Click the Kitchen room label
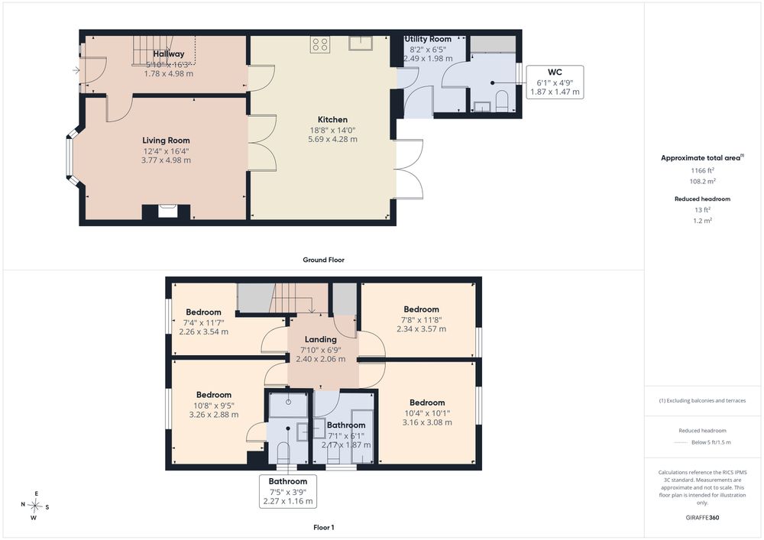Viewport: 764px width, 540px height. [333, 119]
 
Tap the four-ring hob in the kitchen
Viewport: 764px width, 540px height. [320, 44]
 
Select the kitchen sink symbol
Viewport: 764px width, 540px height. [361, 44]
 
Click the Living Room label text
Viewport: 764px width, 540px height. [166, 141]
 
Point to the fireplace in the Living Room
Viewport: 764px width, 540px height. [166, 212]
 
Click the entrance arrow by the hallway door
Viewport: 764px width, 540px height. [76, 70]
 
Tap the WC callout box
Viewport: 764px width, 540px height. [555, 82]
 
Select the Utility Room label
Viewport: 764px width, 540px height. [429, 39]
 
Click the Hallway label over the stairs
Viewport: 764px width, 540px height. [169, 54]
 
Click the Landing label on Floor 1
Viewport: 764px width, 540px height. [321, 339]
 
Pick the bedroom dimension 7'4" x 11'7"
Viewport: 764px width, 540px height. [204, 322]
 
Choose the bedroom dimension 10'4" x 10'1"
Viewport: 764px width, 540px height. [427, 413]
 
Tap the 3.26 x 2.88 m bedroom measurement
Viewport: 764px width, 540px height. [214, 415]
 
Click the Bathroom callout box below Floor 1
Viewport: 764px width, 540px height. [288, 491]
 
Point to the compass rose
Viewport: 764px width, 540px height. [34, 506]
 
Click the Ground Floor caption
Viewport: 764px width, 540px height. [323, 260]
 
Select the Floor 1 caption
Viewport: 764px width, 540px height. [324, 527]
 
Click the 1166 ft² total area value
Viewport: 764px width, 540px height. [703, 170]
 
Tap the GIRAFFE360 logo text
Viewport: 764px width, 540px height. [702, 518]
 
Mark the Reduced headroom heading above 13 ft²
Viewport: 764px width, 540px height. [703, 199]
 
